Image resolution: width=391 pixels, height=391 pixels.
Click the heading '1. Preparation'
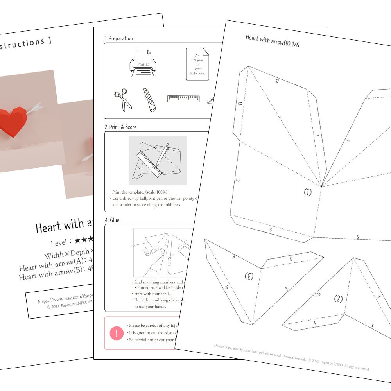click(x=118, y=38)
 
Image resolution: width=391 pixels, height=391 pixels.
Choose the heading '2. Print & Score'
click(x=120, y=127)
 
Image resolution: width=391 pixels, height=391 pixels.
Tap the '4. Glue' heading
click(x=112, y=220)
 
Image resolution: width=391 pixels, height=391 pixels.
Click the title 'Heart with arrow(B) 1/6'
click(x=273, y=41)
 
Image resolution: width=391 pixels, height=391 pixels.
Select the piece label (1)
click(x=308, y=192)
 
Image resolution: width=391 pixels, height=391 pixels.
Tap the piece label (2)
click(x=338, y=299)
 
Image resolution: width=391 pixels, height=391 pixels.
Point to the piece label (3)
click(x=249, y=276)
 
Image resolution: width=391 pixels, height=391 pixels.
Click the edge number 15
click(x=276, y=81)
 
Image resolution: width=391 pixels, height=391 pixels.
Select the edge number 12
click(x=237, y=180)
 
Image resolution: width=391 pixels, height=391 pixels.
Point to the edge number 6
click(x=357, y=237)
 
